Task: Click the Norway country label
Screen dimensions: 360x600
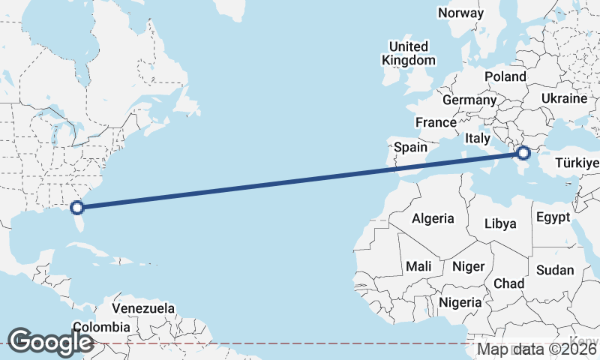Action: [461, 13]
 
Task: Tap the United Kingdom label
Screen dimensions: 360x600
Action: [408, 53]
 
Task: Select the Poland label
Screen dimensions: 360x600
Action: [505, 76]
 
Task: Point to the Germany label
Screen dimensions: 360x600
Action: [469, 100]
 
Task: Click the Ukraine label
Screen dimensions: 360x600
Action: [564, 98]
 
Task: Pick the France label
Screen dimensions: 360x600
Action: [436, 122]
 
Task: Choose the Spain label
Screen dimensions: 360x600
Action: [410, 148]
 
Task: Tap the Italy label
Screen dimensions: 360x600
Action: [478, 139]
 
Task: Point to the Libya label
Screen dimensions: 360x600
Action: [501, 223]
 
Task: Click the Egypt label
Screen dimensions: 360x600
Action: [553, 217]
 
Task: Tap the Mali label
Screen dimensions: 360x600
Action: [418, 266]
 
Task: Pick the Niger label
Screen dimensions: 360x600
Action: [469, 266]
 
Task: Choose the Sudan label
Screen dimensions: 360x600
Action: [555, 270]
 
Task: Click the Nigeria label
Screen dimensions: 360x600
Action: [460, 302]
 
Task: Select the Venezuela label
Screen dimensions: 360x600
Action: [144, 308]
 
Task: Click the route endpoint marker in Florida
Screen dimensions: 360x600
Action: [76, 208]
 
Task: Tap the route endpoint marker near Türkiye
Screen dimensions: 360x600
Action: [523, 154]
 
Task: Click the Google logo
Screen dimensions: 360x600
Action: [50, 341]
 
